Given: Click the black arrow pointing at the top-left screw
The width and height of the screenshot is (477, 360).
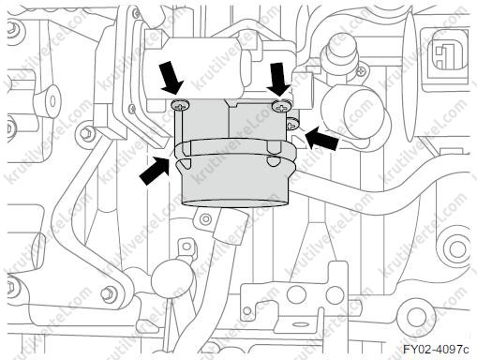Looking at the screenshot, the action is click(x=171, y=77).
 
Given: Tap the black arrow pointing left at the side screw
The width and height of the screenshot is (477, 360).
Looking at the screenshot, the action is click(x=322, y=139).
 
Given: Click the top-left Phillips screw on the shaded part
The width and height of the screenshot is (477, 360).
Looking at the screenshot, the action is click(x=181, y=105).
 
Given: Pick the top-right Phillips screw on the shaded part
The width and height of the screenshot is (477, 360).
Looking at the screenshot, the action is click(x=281, y=106).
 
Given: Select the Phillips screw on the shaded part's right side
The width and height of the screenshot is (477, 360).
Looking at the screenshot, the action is click(x=291, y=124).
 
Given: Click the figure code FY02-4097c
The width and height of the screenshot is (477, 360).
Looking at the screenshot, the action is click(x=436, y=349).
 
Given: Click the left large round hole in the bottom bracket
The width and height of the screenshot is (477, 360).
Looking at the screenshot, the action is click(x=295, y=293).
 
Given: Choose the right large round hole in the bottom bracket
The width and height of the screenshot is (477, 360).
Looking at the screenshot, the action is click(x=335, y=294).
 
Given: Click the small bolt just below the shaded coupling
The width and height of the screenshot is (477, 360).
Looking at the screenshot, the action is click(x=205, y=218).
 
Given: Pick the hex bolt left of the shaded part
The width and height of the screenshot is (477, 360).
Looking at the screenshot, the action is click(x=85, y=133).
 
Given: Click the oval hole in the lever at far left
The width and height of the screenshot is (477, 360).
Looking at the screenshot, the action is click(x=52, y=100).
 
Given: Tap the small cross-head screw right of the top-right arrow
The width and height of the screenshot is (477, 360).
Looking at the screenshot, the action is click(x=361, y=71).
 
